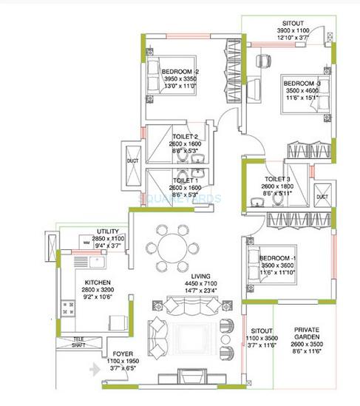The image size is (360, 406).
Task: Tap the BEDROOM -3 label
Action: click(x=302, y=84)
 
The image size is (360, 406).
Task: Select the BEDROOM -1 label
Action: click(x=278, y=257)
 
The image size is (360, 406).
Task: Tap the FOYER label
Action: click(x=123, y=354)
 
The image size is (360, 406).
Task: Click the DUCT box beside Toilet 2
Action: click(x=133, y=160)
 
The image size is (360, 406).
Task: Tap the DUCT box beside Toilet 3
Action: click(x=322, y=197)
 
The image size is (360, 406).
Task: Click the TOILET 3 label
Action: click(x=277, y=179)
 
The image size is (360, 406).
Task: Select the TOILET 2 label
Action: click(x=186, y=137)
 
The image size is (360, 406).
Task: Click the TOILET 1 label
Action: click(x=186, y=180)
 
